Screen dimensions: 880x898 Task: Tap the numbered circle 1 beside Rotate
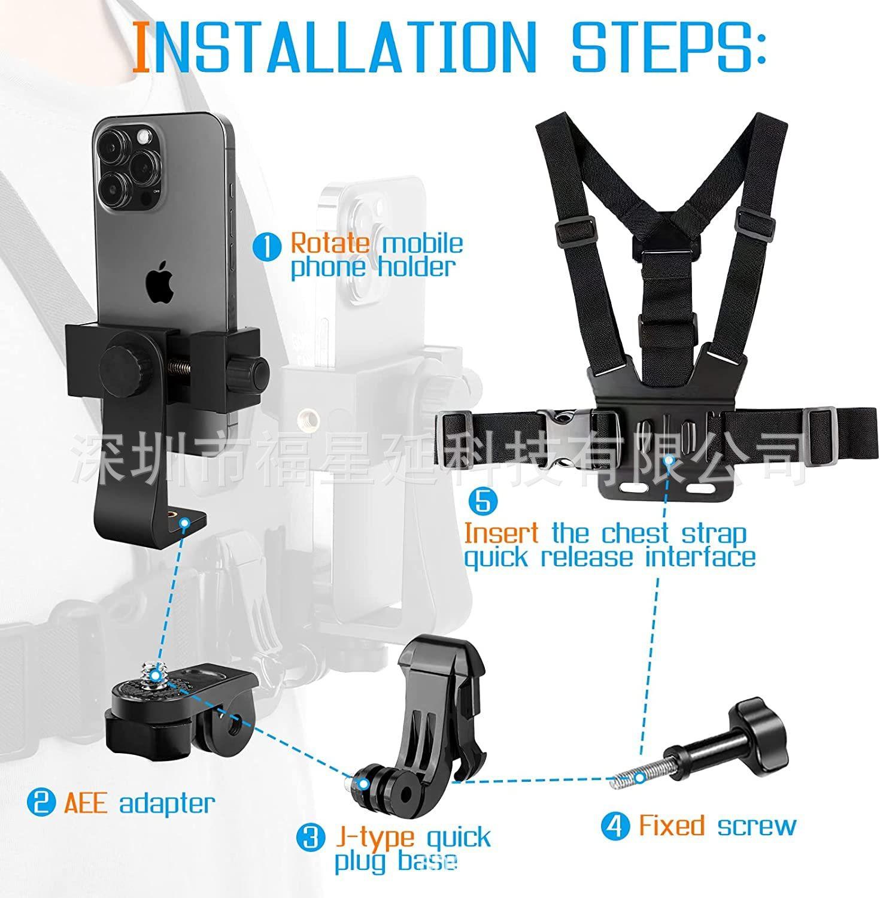point(267,247)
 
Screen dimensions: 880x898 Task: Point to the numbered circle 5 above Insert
point(483,500)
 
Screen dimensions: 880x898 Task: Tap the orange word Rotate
point(330,243)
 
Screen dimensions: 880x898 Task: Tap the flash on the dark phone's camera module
point(144,138)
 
